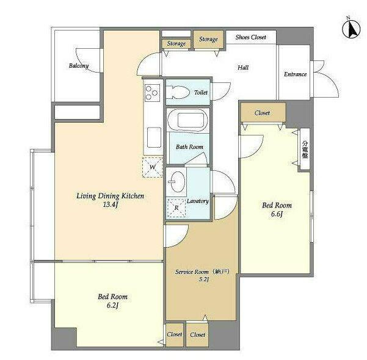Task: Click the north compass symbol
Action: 351,29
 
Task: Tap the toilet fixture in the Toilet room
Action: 178,92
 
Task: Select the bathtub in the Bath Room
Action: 188,120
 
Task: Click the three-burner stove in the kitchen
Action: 152,93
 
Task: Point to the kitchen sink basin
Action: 154,137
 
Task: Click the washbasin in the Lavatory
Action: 176,182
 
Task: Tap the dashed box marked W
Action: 153,167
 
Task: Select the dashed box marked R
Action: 176,207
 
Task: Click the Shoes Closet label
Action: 251,37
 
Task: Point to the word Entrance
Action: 295,74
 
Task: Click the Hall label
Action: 243,68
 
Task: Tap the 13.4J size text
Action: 111,204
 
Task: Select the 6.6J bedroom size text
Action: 277,214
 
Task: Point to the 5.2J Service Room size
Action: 203,279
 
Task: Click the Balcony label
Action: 79,66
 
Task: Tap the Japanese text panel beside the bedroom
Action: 305,149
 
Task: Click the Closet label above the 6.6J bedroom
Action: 262,113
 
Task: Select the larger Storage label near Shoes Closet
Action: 208,39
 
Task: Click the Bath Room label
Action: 189,147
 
